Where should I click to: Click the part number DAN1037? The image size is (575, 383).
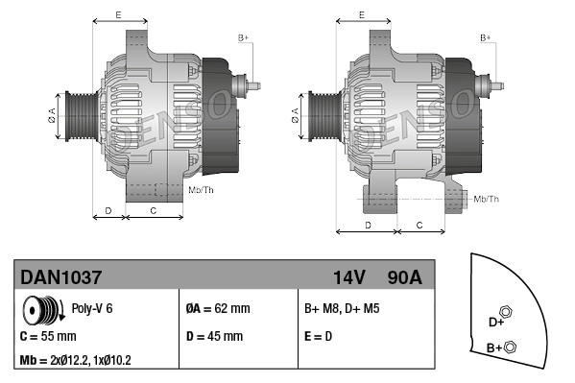click(x=61, y=277)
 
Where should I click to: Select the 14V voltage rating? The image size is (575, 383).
click(x=348, y=277)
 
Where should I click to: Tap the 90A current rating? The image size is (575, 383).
click(x=403, y=277)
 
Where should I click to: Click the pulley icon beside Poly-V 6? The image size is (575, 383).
click(x=43, y=312)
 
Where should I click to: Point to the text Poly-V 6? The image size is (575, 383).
click(x=93, y=309)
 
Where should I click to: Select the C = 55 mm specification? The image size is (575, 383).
click(x=48, y=337)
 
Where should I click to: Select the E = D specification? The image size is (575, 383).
click(x=319, y=337)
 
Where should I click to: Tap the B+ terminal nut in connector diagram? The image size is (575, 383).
click(x=510, y=347)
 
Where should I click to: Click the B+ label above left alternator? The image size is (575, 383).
click(x=243, y=37)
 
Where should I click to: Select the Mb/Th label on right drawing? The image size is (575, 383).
click(x=487, y=199)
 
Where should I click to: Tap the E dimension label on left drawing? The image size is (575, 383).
click(x=118, y=14)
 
